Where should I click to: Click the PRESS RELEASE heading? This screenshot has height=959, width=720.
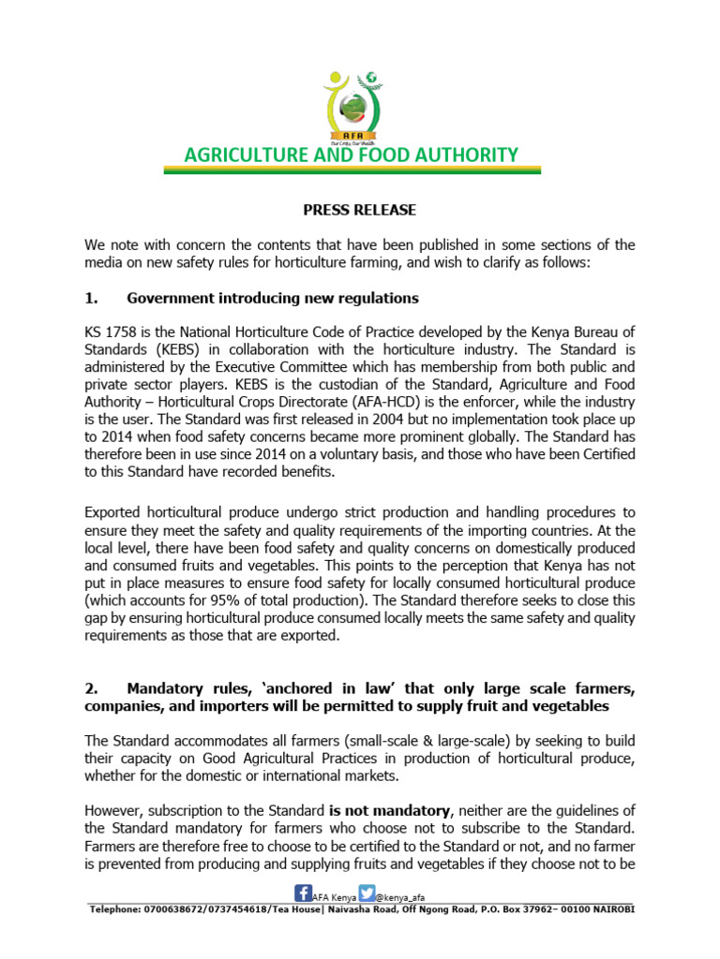coord(359,210)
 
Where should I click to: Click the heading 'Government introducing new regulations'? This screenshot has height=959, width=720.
coord(272,298)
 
